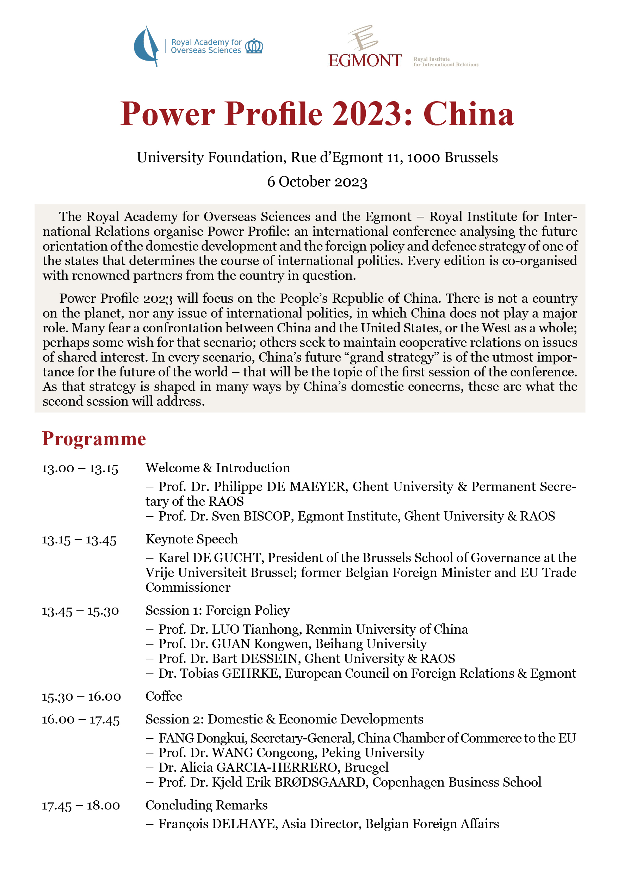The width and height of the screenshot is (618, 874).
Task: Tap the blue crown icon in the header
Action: pyautogui.click(x=254, y=46)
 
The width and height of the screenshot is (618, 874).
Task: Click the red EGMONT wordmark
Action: pyautogui.click(x=365, y=61)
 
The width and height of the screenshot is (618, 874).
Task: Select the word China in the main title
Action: pyautogui.click(x=469, y=114)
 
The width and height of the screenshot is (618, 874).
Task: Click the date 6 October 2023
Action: pyautogui.click(x=317, y=182)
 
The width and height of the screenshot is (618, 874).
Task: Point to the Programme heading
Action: pyautogui.click(x=94, y=438)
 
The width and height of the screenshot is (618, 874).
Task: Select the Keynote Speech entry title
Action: pyautogui.click(x=191, y=539)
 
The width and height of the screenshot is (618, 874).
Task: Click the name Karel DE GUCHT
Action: pyautogui.click(x=209, y=558)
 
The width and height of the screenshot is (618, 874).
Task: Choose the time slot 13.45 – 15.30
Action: pyautogui.click(x=80, y=611)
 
